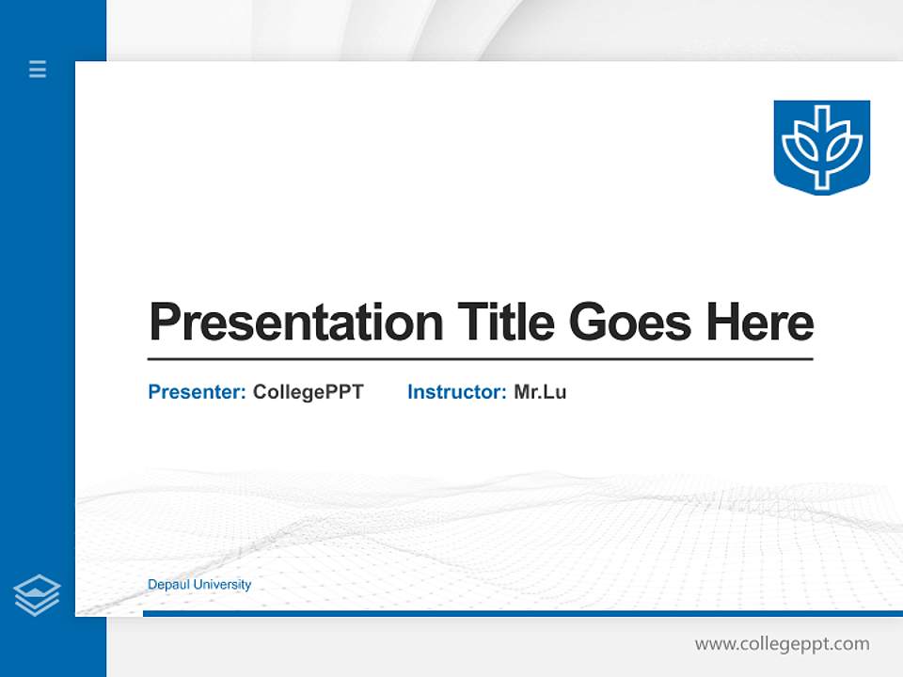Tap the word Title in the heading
click(x=506, y=323)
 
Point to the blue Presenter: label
click(x=197, y=392)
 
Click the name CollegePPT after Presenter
click(x=308, y=392)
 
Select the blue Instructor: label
click(x=456, y=392)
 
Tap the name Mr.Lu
click(x=540, y=392)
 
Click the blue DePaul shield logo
click(x=821, y=147)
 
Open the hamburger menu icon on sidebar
click(x=38, y=69)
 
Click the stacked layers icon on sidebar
click(x=37, y=594)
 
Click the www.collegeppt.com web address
click(x=782, y=644)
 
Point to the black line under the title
click(x=480, y=359)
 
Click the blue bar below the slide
click(x=517, y=613)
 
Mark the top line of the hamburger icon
click(x=38, y=62)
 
